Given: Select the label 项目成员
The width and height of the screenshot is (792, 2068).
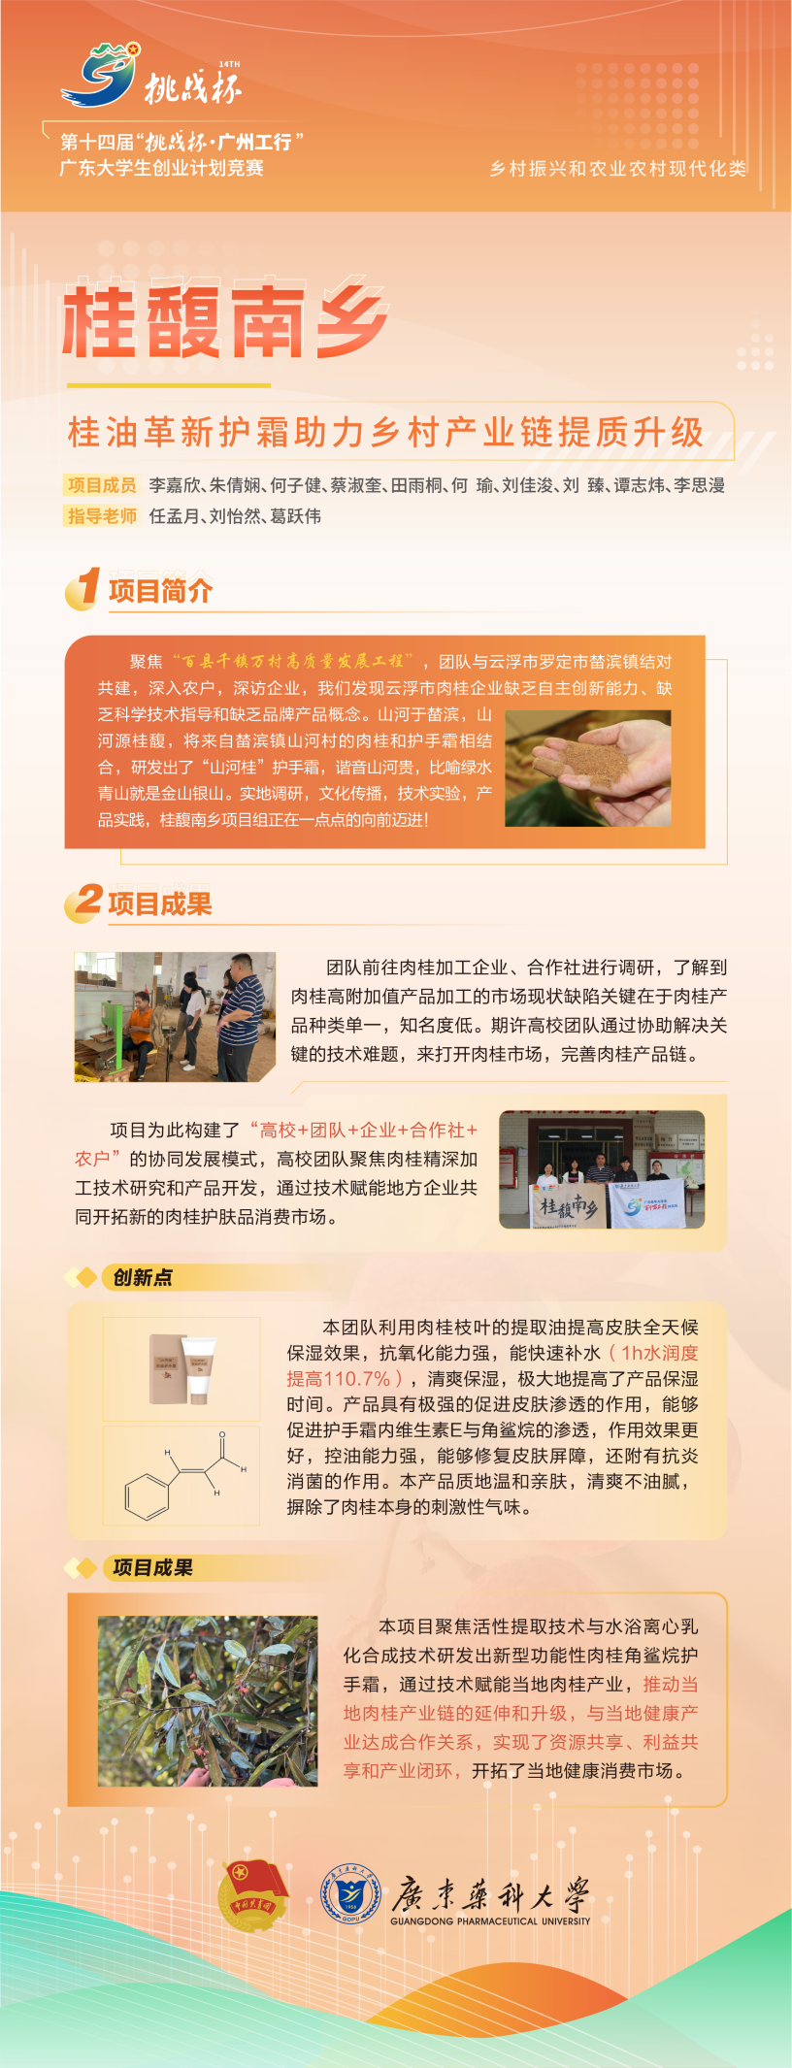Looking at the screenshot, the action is pyautogui.click(x=102, y=485).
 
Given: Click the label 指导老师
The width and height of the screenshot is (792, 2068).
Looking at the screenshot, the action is pyautogui.click(x=102, y=516).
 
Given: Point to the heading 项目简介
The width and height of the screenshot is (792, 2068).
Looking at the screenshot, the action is pyautogui.click(x=160, y=591).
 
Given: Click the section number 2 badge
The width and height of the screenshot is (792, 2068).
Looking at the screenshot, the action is pyautogui.click(x=85, y=901).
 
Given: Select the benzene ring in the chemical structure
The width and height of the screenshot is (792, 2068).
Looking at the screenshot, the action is pyautogui.click(x=148, y=1495).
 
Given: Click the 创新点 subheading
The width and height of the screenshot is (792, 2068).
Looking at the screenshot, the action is pyautogui.click(x=143, y=1277).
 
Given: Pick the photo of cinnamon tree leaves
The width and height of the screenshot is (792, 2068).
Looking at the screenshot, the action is pyautogui.click(x=208, y=1701).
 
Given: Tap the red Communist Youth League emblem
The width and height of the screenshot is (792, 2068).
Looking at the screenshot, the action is pyautogui.click(x=251, y=1896).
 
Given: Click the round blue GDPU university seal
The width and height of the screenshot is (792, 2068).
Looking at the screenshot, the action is pyautogui.click(x=350, y=1896).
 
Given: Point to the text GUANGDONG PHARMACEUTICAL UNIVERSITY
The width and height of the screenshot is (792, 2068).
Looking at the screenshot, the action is pyautogui.click(x=490, y=1920).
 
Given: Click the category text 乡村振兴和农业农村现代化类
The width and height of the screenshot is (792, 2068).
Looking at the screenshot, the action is pyautogui.click(x=618, y=169).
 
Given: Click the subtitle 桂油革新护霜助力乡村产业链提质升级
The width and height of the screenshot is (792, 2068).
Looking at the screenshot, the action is pyautogui.click(x=385, y=432).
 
